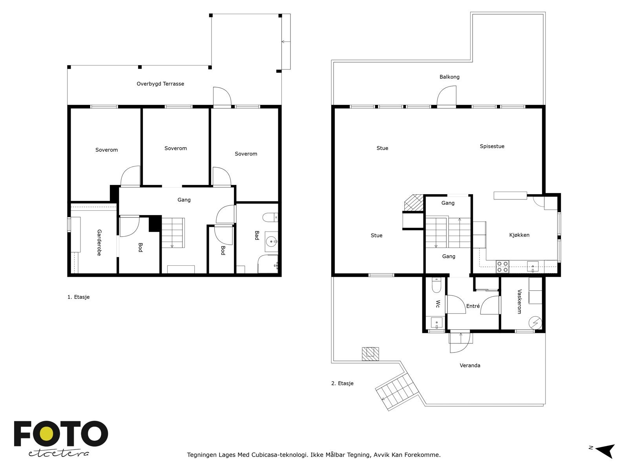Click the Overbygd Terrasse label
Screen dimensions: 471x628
coord(160,84)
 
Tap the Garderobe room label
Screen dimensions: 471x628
coord(99,243)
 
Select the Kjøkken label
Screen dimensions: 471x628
coord(519,235)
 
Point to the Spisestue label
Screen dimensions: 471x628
coord(492,146)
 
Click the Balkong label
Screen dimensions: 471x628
coord(449,77)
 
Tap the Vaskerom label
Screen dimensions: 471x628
coord(519,302)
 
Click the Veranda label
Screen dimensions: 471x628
coord(470,365)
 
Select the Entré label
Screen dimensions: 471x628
coord(473,306)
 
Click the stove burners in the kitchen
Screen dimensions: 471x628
coord(502,267)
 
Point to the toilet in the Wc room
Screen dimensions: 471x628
coord(436,285)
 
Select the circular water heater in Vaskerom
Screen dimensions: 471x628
coord(535,322)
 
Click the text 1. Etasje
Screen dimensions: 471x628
coord(78,297)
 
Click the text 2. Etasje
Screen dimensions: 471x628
coord(342,383)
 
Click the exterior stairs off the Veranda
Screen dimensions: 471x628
coord(396,392)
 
